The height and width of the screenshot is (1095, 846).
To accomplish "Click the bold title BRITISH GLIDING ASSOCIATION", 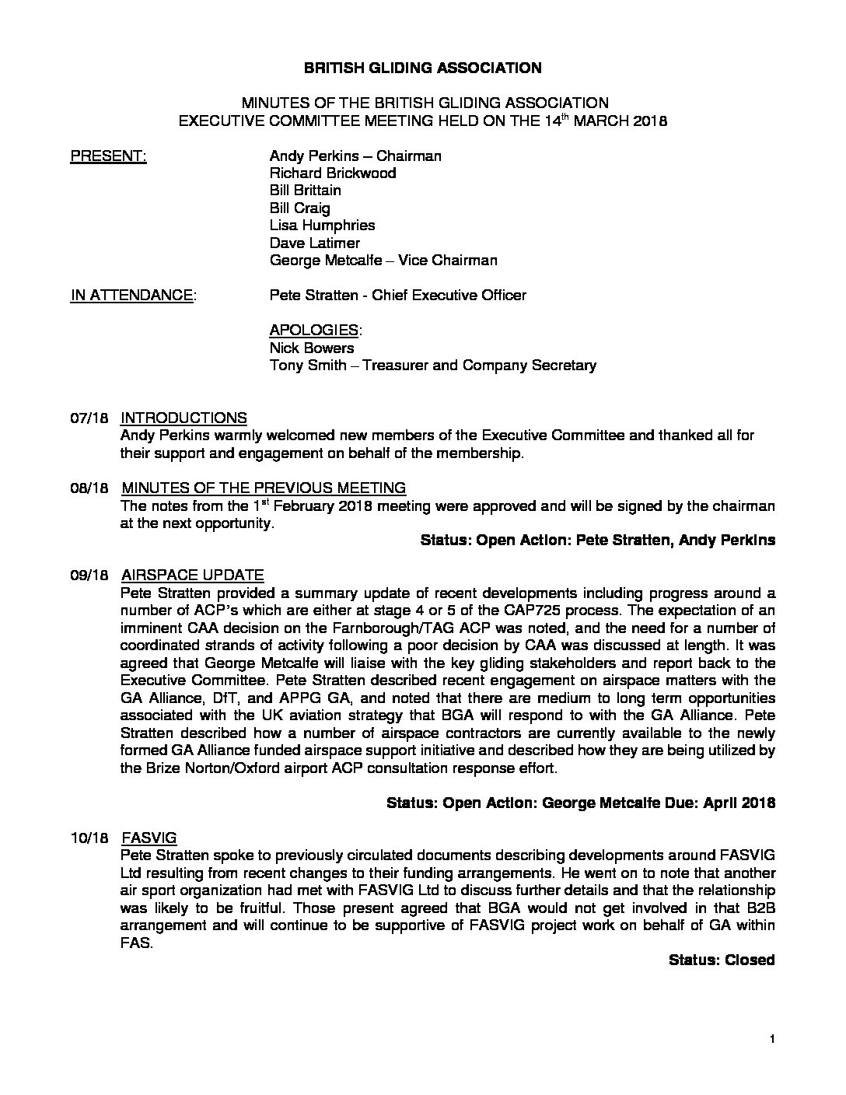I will pyautogui.click(x=422, y=68).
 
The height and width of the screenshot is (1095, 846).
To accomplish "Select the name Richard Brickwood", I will pyautogui.click(x=332, y=173).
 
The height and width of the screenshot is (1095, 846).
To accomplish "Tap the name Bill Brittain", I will pyautogui.click(x=305, y=191).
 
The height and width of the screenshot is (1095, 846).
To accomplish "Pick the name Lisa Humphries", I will pyautogui.click(x=322, y=226).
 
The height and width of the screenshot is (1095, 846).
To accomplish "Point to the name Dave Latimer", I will pyautogui.click(x=314, y=243).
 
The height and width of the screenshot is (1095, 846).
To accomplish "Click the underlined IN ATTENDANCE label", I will pyautogui.click(x=133, y=296).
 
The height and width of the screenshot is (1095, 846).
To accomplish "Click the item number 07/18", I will pyautogui.click(x=87, y=418).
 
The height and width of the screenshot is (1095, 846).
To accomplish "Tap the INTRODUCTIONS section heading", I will pyautogui.click(x=184, y=418).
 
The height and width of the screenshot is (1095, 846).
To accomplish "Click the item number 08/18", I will pyautogui.click(x=87, y=488).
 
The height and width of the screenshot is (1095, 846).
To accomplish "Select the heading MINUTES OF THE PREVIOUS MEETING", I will pyautogui.click(x=264, y=488).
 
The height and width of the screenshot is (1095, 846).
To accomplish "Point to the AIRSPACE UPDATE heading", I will pyautogui.click(x=192, y=575).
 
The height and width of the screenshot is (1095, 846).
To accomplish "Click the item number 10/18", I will pyautogui.click(x=87, y=838).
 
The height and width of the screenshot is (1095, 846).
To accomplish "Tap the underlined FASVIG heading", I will pyautogui.click(x=149, y=838).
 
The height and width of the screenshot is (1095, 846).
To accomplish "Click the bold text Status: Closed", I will pyautogui.click(x=722, y=960).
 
